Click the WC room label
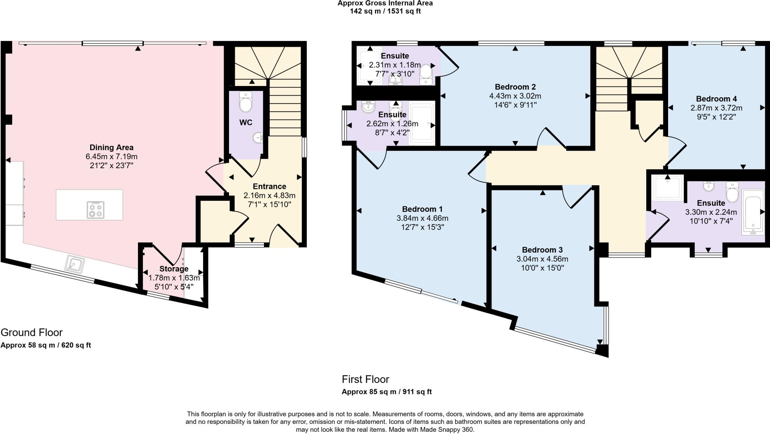246,123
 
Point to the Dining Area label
111,148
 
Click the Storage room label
174,269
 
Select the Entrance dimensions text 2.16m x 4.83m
269,196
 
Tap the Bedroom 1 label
422,209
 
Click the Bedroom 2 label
515,87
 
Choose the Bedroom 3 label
542,250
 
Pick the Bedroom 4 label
716,99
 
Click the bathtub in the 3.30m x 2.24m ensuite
753,212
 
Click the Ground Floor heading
32,332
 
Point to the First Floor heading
365,379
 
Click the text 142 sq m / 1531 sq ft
385,11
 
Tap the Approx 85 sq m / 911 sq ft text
387,392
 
